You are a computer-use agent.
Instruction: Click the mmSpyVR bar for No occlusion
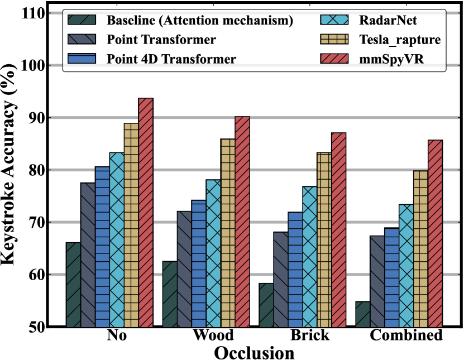[146, 212]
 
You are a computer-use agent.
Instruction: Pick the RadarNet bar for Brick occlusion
[309, 256]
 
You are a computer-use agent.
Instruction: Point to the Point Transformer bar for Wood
[184, 268]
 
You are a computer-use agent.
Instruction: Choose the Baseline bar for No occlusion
[73, 284]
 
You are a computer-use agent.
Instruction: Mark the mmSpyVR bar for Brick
[338, 229]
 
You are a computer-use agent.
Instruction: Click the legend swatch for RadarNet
[332, 21]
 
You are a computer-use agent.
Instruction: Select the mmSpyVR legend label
[391, 59]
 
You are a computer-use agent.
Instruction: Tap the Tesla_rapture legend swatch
[332, 40]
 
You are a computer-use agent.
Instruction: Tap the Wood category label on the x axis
[213, 336]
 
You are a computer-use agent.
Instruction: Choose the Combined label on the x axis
[406, 336]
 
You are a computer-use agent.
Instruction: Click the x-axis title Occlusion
[255, 352]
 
